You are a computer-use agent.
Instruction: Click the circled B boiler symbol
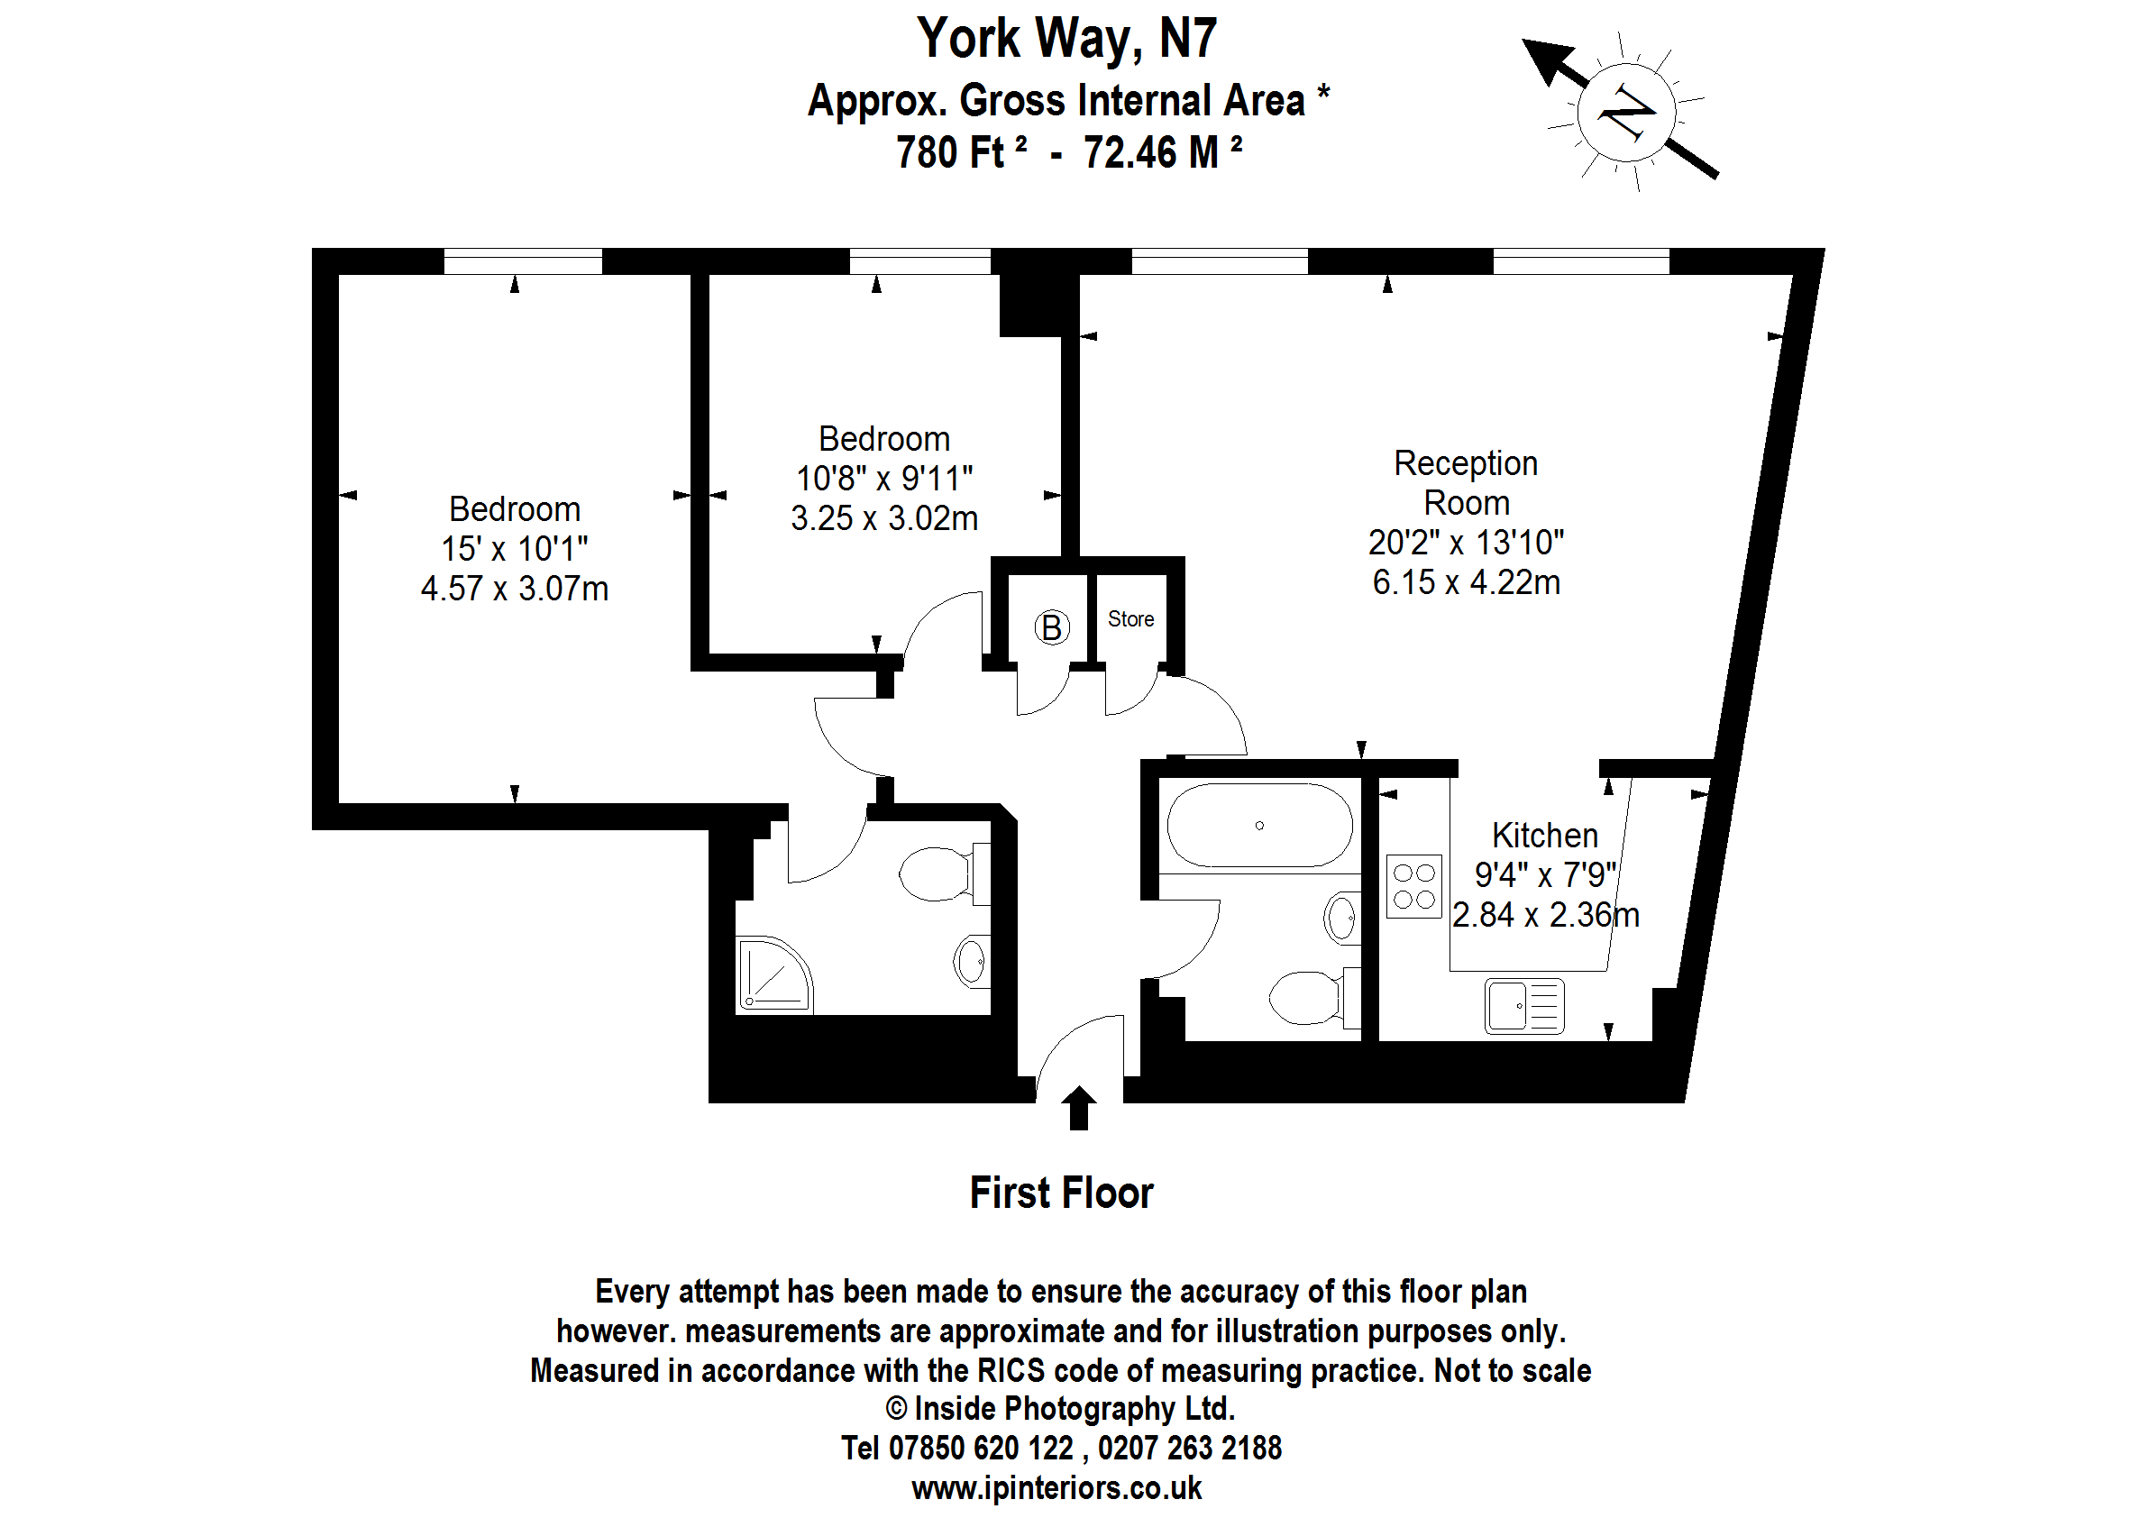[1050, 627]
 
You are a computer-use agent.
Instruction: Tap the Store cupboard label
[1130, 618]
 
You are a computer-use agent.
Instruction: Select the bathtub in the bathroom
[1259, 826]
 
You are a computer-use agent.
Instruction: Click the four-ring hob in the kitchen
[1413, 886]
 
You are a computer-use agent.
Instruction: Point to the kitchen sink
[1523, 1005]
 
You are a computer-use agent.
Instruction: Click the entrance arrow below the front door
[1079, 1108]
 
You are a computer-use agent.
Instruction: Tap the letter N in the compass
[1627, 113]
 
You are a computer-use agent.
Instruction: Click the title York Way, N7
[1066, 39]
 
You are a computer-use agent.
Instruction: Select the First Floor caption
[1062, 1193]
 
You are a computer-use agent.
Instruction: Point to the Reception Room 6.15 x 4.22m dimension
[1466, 582]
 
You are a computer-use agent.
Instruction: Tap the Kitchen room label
[1544, 835]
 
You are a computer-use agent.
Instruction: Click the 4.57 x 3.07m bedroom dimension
[514, 589]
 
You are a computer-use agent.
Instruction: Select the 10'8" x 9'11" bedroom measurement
[884, 479]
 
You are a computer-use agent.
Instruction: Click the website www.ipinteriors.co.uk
[1056, 1487]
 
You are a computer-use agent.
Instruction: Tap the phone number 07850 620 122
[981, 1448]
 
